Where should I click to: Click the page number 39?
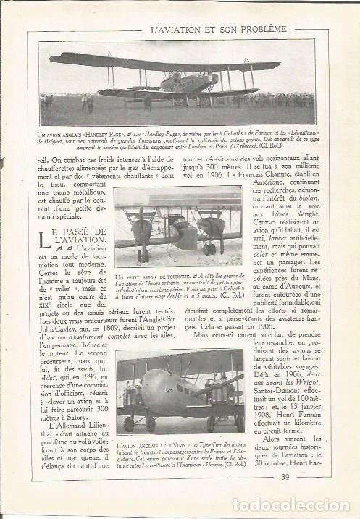point(285,496)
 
